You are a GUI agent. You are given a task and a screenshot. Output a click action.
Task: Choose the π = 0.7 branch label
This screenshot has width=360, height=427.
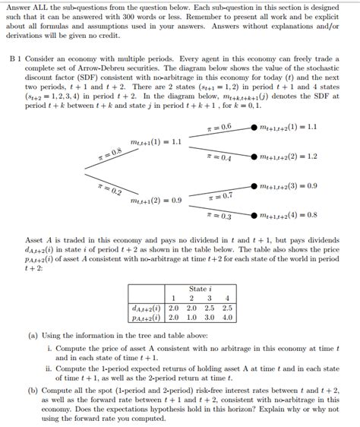(219, 196)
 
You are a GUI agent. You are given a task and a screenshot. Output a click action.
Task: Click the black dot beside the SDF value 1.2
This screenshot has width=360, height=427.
(254, 157)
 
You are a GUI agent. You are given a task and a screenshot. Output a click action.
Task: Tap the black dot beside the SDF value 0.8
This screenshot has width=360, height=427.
(254, 215)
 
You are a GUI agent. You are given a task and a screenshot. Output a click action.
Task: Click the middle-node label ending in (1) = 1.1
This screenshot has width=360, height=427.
(156, 142)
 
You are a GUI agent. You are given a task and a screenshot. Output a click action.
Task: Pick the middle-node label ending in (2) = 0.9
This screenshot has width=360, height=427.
(156, 201)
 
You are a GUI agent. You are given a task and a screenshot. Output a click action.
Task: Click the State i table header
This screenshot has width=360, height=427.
(197, 289)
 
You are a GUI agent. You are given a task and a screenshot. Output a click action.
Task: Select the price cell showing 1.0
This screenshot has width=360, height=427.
(191, 317)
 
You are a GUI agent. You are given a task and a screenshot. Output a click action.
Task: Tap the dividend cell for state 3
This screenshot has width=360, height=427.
(210, 308)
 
